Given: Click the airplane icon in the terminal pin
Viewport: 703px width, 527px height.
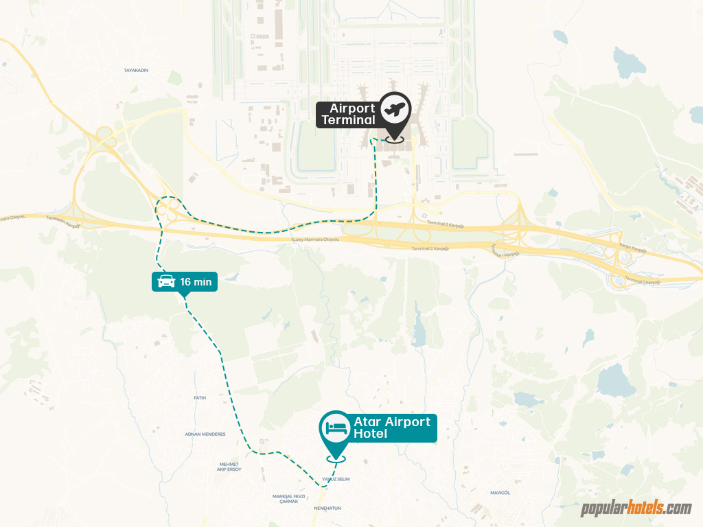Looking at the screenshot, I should coord(395,108).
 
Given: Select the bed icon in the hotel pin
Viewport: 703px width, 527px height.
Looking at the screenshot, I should coord(336,427).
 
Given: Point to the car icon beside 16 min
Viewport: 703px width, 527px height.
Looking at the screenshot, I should coord(166,281).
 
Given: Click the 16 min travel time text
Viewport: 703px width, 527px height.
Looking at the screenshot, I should coord(196,281).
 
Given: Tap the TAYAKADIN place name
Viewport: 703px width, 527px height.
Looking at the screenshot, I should coord(136,71).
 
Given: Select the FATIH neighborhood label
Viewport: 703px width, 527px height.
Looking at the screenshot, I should coord(200,398).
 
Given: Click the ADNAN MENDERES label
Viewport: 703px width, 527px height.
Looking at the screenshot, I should coord(205,434).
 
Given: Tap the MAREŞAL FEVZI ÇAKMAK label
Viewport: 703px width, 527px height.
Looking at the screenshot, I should coord(288,498).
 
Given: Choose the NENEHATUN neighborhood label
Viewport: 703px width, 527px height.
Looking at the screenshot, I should coord(327,508).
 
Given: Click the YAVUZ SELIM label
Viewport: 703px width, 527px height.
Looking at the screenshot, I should coord(334,480).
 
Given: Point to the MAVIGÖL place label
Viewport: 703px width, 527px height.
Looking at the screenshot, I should coord(499,493).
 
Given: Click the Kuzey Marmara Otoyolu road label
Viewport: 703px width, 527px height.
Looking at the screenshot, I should coord(316,239).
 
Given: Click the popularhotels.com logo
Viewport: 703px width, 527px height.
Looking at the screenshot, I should coord(636,508).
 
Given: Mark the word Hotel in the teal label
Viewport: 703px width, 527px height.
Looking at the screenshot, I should coord(371,434).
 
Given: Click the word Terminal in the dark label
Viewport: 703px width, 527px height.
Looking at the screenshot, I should coord(349,120).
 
